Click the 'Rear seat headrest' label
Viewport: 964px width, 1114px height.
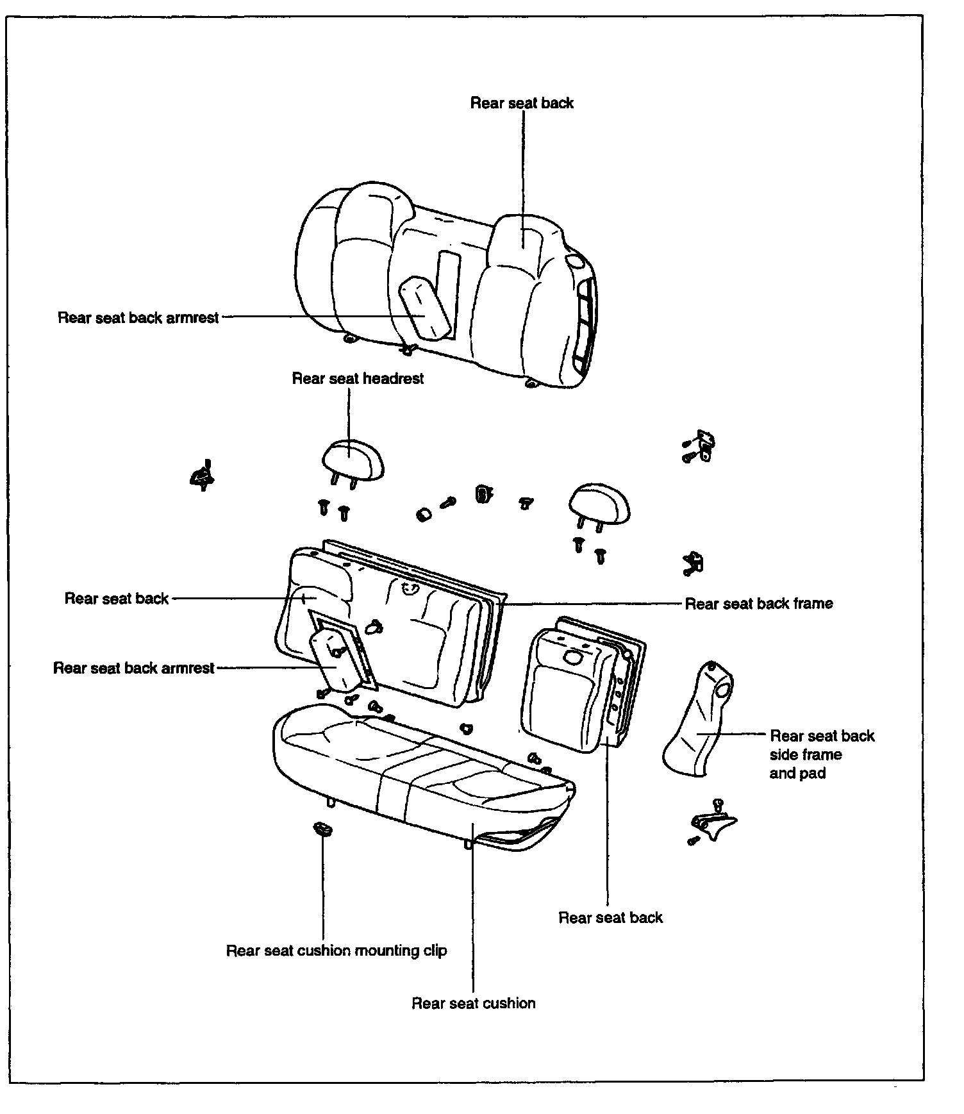pos(358,378)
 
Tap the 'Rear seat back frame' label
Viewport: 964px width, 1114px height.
pos(759,603)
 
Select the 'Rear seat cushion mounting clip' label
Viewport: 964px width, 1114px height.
pos(337,950)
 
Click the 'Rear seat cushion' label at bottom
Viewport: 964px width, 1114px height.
pos(473,1003)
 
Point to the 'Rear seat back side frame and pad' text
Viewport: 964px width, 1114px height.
pos(822,754)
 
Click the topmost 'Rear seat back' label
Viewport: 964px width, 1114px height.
pos(522,103)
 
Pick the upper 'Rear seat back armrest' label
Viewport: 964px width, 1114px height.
pos(138,318)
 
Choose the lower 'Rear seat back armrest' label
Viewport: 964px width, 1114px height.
pos(133,668)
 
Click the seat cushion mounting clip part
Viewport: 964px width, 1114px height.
pos(322,829)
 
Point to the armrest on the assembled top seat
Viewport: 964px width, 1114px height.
pos(423,309)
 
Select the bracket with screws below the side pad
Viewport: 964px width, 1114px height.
pos(712,822)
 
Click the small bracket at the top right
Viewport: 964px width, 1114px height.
pos(699,446)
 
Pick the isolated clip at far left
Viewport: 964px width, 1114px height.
pos(203,476)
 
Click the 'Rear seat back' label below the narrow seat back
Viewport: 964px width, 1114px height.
pos(610,918)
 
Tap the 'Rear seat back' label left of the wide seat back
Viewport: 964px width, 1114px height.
pos(116,599)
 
